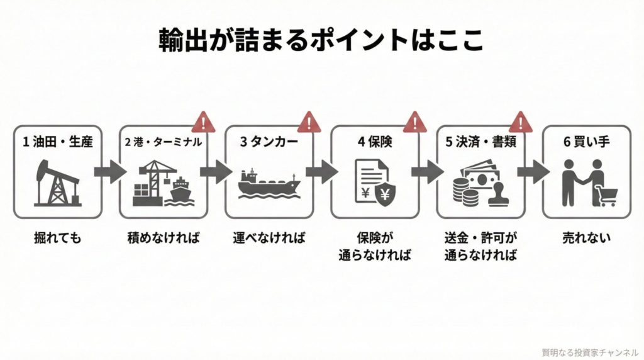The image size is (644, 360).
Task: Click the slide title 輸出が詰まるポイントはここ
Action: coord(321,40)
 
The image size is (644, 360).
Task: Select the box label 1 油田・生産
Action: coord(57,142)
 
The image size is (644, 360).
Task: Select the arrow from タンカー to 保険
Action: coord(321,171)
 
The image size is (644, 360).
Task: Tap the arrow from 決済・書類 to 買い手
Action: coord(533,171)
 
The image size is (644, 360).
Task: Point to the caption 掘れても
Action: coord(57,239)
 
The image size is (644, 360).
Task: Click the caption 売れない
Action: coord(586,239)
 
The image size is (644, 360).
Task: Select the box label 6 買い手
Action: coord(586,142)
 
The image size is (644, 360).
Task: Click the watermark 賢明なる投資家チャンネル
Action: coord(590,352)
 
